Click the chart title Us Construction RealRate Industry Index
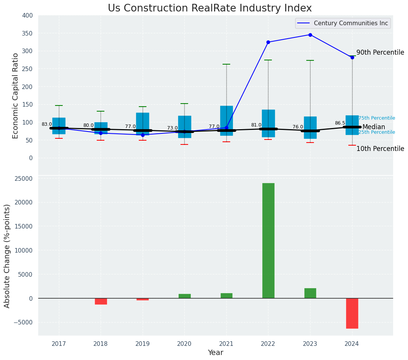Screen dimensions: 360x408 point(210,8)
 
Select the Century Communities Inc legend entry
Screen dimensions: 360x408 point(350,23)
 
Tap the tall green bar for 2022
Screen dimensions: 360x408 point(268,240)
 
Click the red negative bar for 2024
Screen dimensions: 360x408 point(352,313)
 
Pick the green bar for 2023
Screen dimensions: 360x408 point(310,293)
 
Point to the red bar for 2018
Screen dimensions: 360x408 point(101,301)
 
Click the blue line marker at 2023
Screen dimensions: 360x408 point(310,35)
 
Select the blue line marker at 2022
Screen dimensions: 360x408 point(268,42)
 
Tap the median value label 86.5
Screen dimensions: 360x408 point(340,123)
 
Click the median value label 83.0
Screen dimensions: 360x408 point(47,124)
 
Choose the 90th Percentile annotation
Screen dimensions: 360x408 point(380,52)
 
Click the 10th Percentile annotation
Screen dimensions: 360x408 point(380,149)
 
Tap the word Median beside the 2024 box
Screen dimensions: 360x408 point(374,127)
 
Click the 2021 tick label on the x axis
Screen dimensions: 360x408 point(226,344)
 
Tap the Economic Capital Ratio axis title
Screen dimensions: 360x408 point(16,96)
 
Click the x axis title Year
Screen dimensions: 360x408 point(215,353)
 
